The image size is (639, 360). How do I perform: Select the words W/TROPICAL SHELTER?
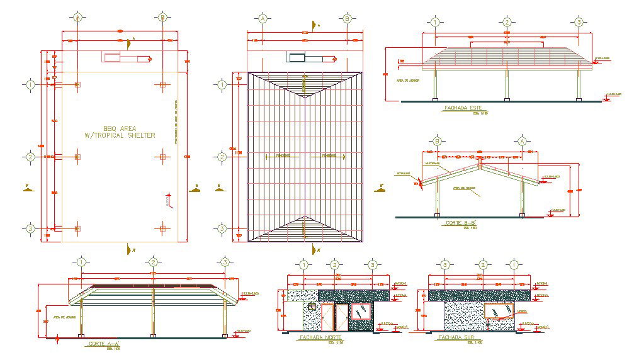point(119,135)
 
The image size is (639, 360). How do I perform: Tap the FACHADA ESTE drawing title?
point(463,108)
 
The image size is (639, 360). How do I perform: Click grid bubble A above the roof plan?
point(263,19)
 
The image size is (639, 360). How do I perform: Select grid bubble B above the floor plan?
point(162,18)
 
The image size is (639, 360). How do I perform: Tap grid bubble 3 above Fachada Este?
point(579,23)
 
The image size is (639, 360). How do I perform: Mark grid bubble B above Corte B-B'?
point(437,141)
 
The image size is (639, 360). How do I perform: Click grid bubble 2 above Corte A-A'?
point(152,262)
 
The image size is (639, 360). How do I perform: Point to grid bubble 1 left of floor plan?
point(30,84)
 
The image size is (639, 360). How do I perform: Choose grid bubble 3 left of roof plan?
point(222,228)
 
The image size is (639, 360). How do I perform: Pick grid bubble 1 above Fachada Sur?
point(514,265)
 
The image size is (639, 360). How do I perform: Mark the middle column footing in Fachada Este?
point(507,99)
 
